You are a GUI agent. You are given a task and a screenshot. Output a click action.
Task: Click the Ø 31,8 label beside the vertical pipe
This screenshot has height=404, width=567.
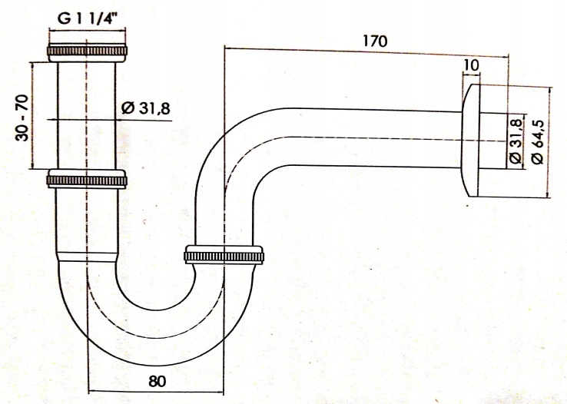tap(145, 110)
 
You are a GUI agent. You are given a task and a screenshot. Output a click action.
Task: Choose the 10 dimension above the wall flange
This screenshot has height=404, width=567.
tap(472, 65)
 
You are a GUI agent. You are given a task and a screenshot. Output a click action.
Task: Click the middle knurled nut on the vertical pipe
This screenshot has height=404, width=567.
tap(86, 179)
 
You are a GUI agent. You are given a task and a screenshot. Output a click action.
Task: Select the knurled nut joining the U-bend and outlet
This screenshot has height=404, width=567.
tap(226, 256)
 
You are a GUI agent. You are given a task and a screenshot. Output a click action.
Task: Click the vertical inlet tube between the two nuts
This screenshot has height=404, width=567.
tap(86, 115)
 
